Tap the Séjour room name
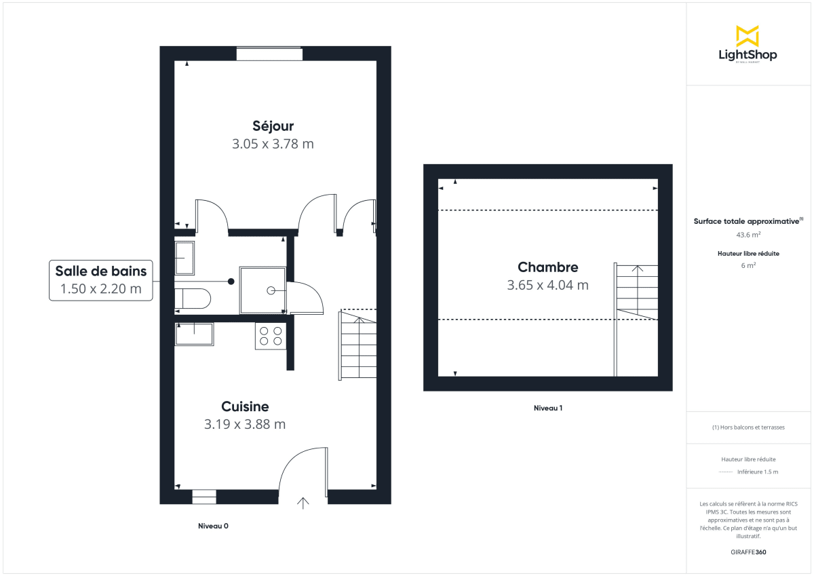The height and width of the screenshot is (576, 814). [x=273, y=126]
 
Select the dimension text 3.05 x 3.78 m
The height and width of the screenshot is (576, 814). [x=273, y=144]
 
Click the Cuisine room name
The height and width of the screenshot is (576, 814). [x=245, y=406]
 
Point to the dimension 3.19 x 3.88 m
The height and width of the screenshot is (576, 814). [x=245, y=424]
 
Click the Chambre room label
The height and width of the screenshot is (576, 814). [x=547, y=267]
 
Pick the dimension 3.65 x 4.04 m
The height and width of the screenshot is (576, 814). [x=547, y=285]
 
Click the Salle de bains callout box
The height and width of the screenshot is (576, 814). [x=101, y=280]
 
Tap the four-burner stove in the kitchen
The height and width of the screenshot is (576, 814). [x=271, y=337]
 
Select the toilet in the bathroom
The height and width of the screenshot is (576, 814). [x=193, y=298]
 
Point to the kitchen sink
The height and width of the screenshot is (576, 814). [x=194, y=334]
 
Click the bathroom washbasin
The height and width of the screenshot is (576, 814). [x=185, y=258]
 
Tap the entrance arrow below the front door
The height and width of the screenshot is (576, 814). [x=303, y=503]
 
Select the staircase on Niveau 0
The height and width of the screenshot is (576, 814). [x=357, y=345]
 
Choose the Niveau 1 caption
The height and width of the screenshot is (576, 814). [x=548, y=408]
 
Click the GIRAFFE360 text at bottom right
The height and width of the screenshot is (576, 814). [x=748, y=552]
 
